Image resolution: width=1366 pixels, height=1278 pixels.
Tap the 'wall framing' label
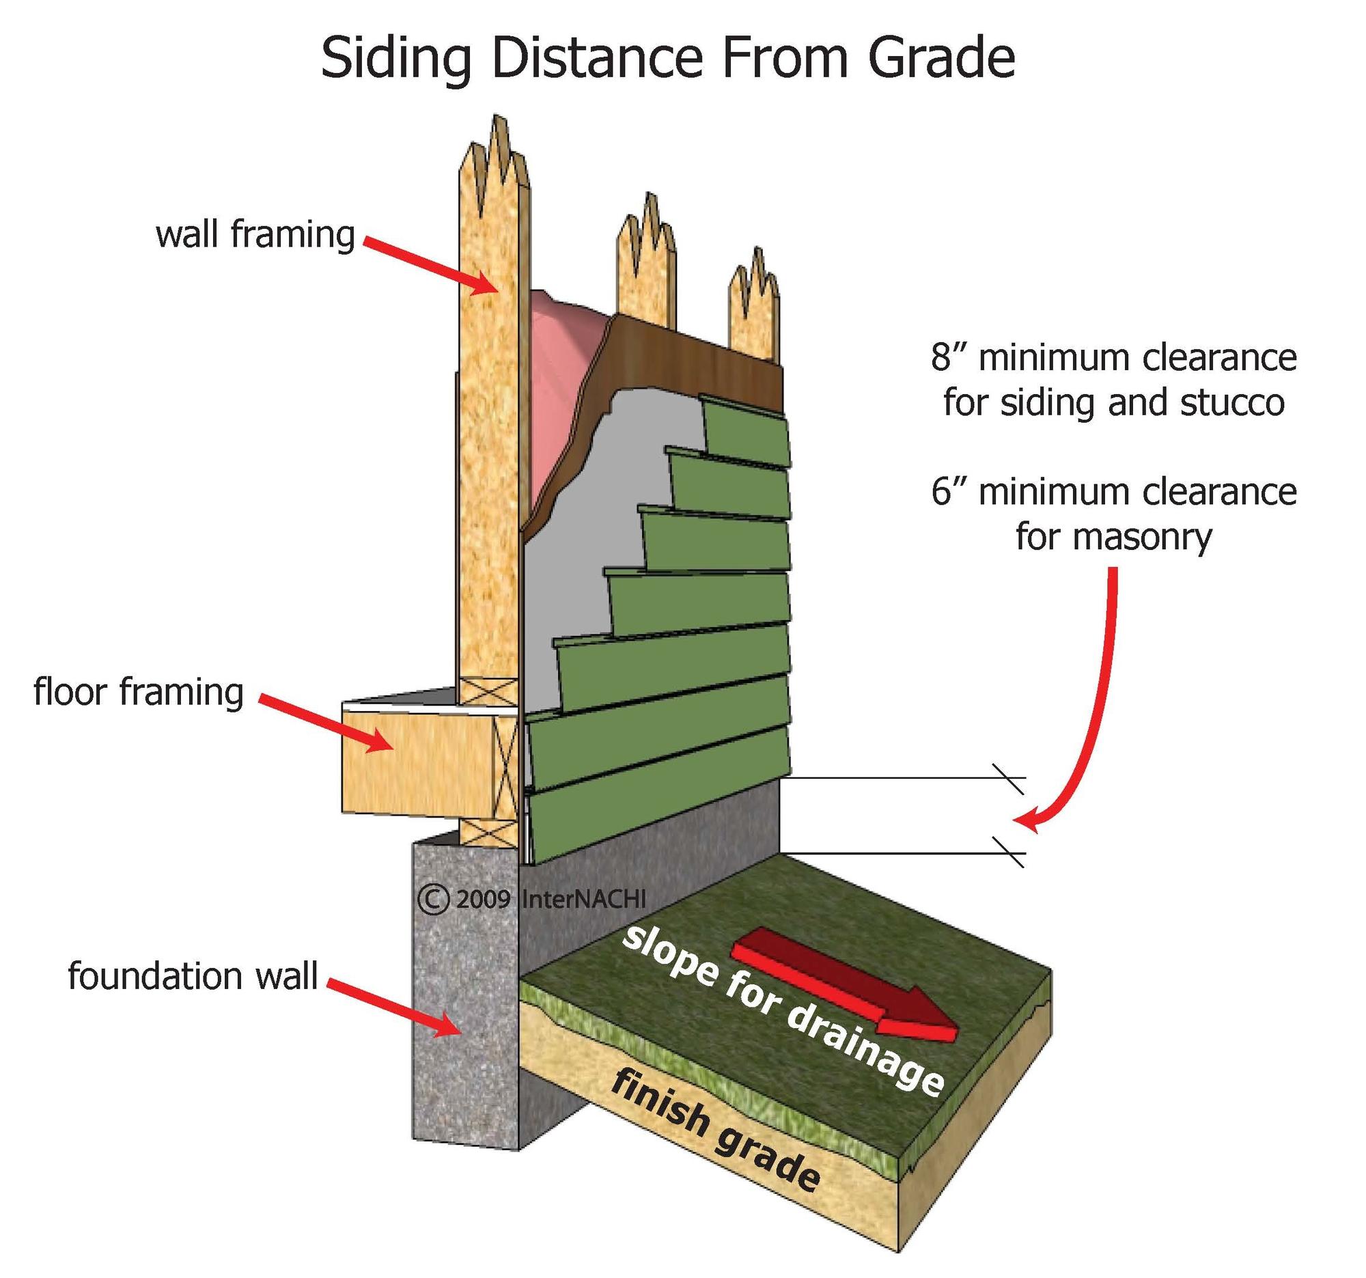[x=255, y=235]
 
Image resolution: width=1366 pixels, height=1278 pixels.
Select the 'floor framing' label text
[x=139, y=692]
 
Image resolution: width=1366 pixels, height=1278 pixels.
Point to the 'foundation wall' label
[x=193, y=975]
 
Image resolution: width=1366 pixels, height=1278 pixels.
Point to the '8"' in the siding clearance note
[x=948, y=358]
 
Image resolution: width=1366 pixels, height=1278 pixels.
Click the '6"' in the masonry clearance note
[x=948, y=492]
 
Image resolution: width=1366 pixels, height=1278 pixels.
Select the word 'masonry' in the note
[x=1114, y=537]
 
